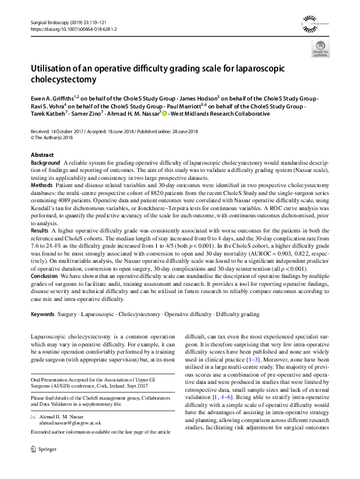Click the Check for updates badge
(x=320, y=50)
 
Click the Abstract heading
(x=42, y=155)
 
